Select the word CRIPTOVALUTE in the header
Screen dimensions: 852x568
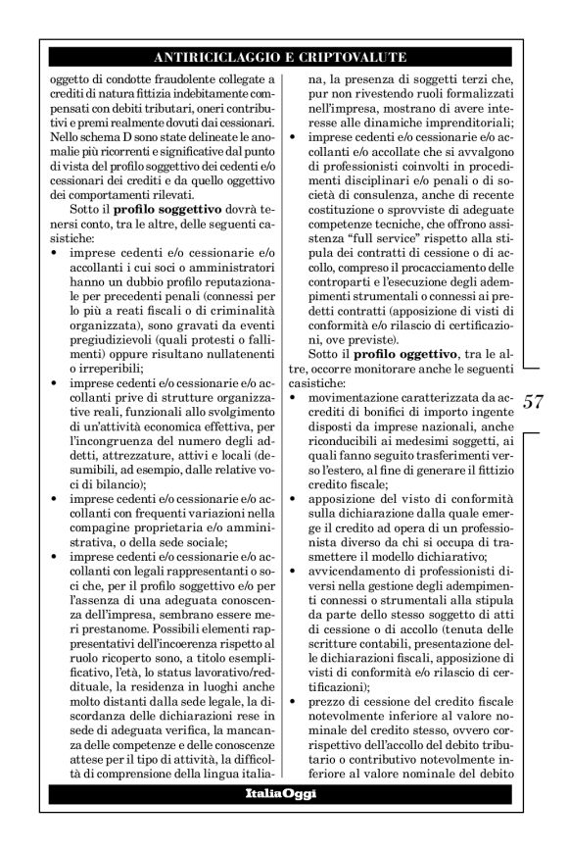click(355, 58)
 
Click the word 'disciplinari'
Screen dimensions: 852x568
click(378, 169)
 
